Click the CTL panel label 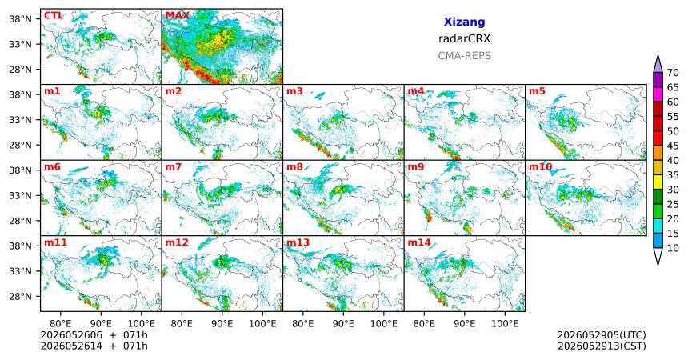point(54,16)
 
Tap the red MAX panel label point(178,16)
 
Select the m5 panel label point(537,91)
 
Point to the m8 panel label point(294,167)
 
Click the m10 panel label point(540,167)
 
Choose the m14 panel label point(419,242)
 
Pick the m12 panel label point(177,242)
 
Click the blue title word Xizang point(464,22)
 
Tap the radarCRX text point(464,38)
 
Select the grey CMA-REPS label point(464,56)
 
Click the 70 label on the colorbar point(673,73)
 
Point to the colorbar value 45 point(673,146)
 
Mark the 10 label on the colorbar point(673,248)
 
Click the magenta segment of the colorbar point(658,94)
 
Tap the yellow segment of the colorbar point(658,182)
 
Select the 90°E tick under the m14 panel point(465,323)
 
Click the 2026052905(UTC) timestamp point(602,335)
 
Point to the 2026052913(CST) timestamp point(602,346)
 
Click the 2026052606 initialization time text point(71,335)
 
